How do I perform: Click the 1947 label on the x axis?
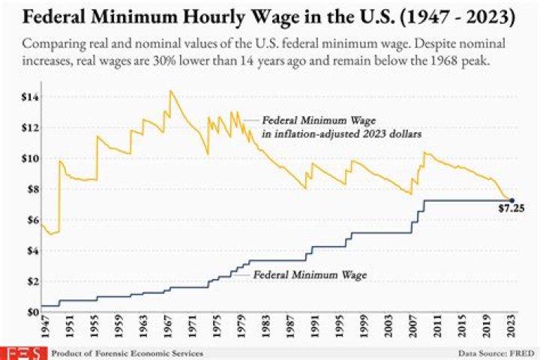45,329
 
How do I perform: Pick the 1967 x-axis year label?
170,329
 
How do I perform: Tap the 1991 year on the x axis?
316,329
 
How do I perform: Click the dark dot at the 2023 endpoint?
511,200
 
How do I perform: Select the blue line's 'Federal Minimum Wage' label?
309,275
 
